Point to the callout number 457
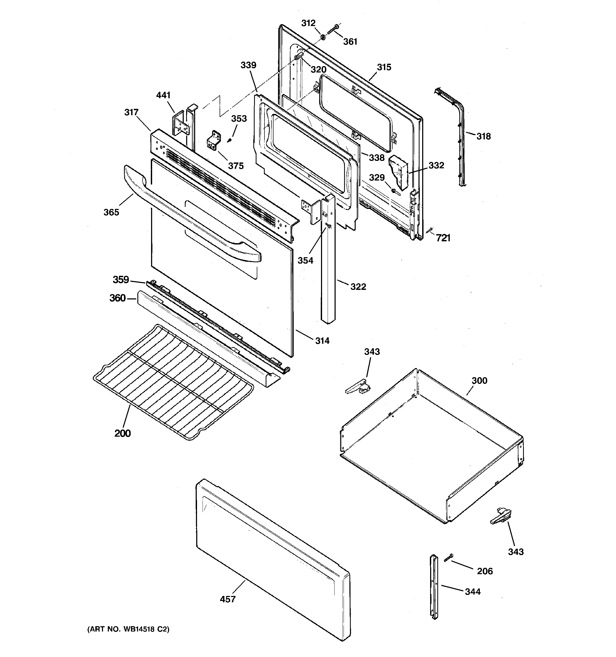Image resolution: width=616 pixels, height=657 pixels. coord(228,599)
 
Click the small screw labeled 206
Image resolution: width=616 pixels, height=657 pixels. coord(449,557)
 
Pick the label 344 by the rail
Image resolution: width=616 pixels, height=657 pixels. coord(473,591)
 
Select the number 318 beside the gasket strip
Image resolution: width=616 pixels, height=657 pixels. coord(484,136)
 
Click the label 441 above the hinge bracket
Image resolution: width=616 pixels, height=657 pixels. coord(163,95)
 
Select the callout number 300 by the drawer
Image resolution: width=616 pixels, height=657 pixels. coord(479,381)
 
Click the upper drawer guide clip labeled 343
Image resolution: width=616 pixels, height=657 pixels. coord(358,387)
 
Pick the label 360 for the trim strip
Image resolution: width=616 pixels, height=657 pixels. coord(117,298)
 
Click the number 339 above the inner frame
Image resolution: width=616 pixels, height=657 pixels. coord(248,65)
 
